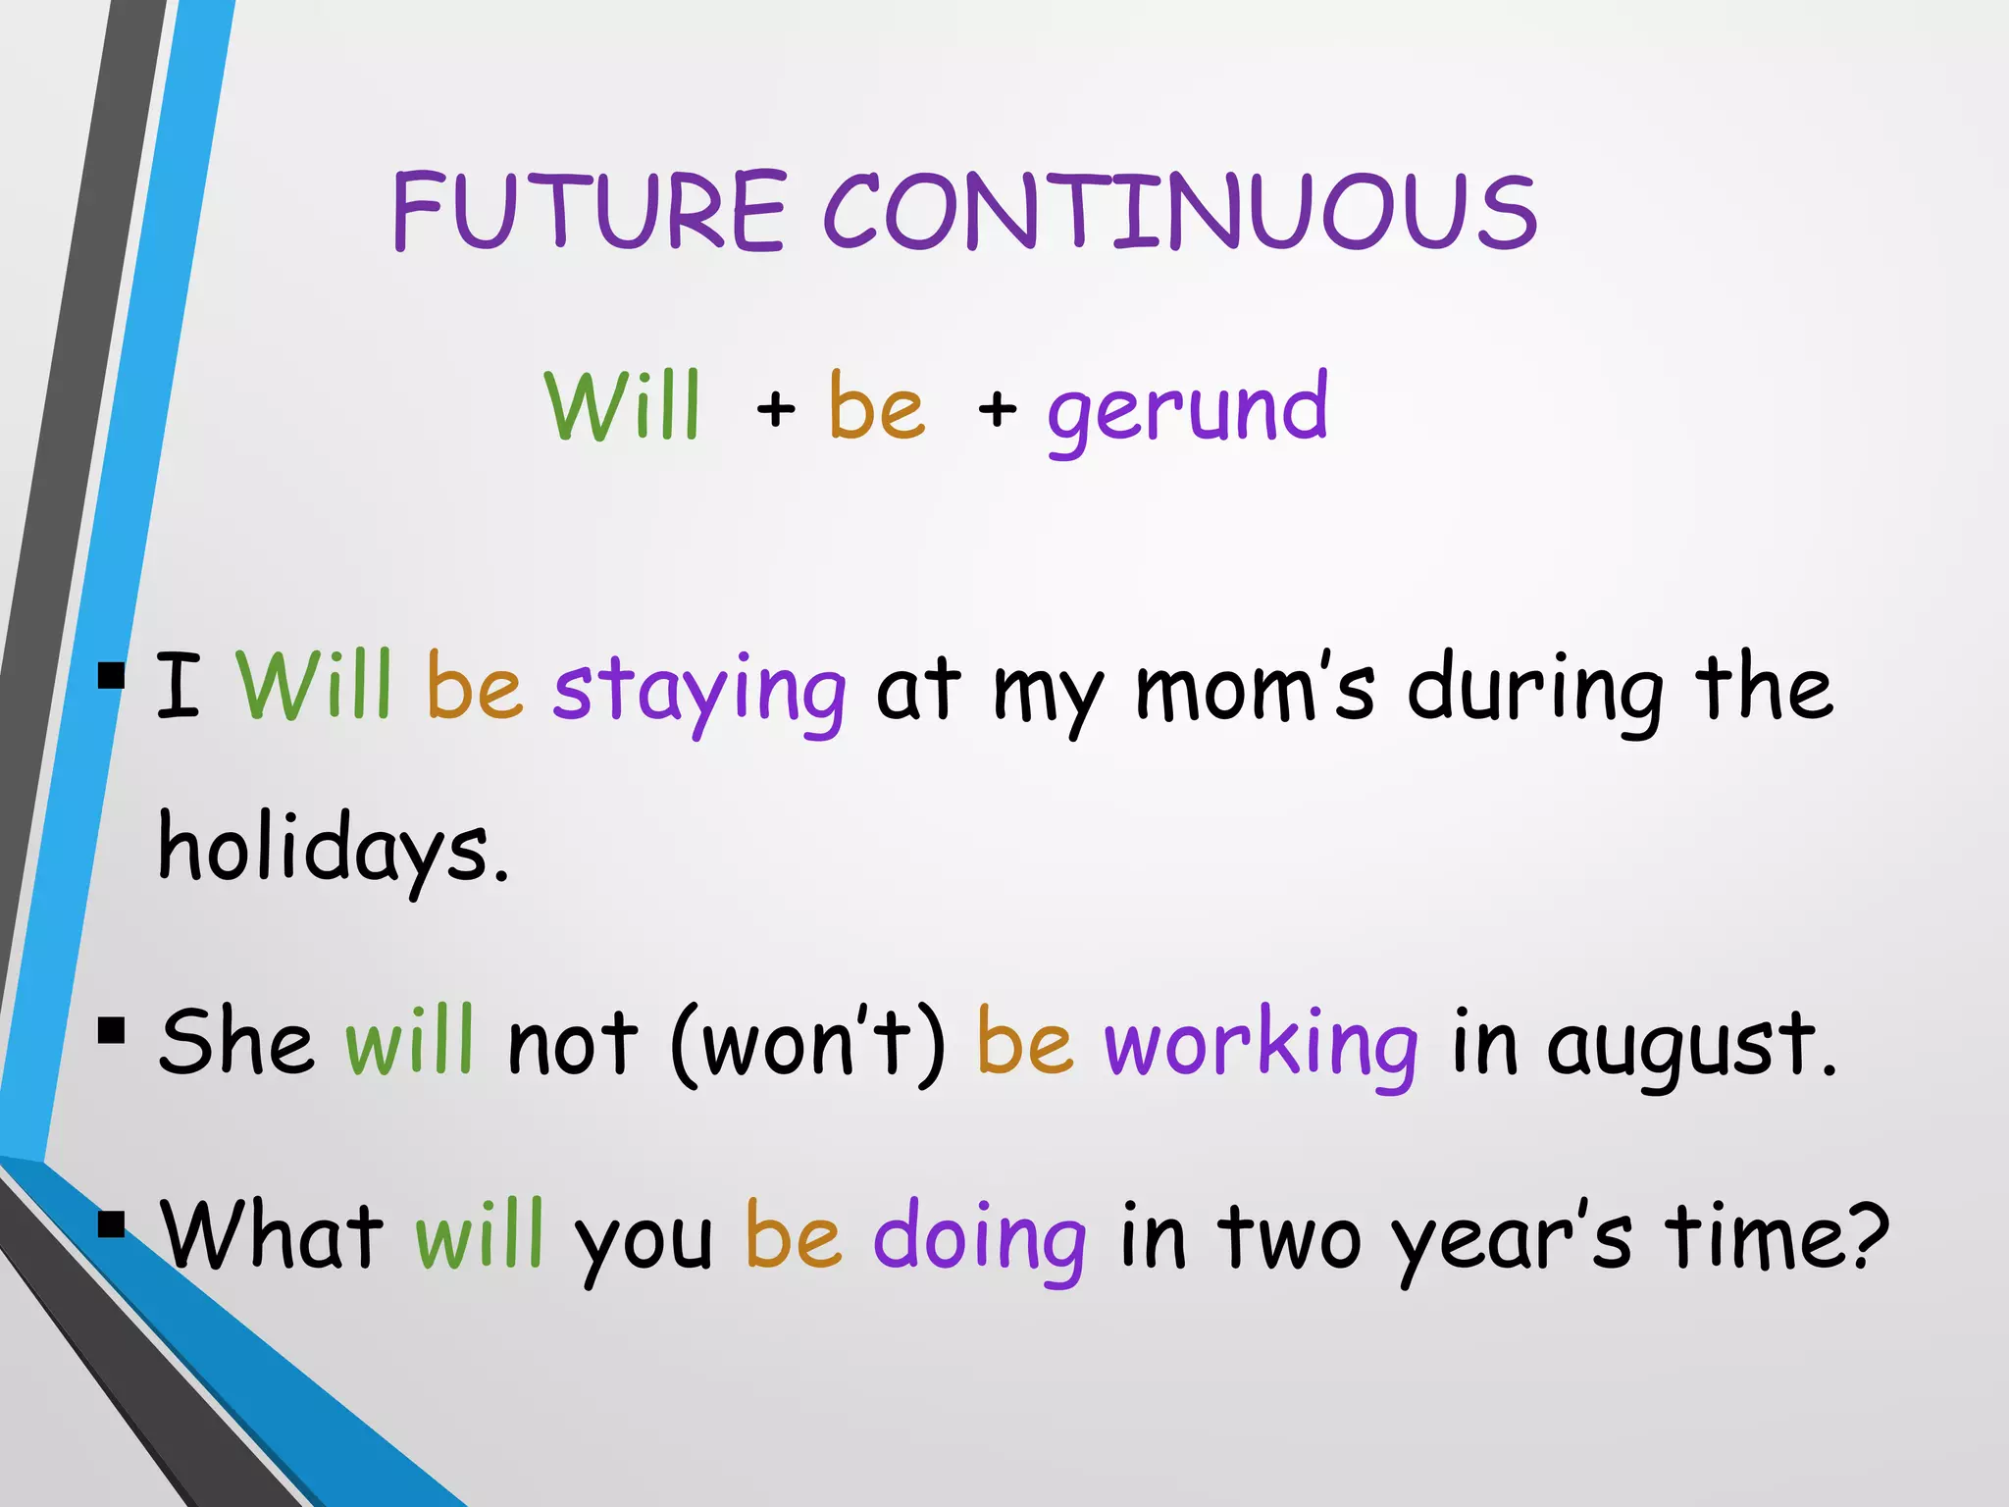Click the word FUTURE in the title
pyautogui.click(x=589, y=210)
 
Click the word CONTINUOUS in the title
pyautogui.click(x=1179, y=210)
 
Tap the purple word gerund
pyautogui.click(x=1187, y=408)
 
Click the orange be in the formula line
pyautogui.click(x=876, y=406)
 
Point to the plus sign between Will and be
pyautogui.click(x=775, y=408)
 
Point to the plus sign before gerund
pyautogui.click(x=997, y=408)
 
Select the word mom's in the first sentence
pyautogui.click(x=1254, y=687)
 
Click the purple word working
pyautogui.click(x=1261, y=1042)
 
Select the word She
pyautogui.click(x=235, y=1042)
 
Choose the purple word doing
pyautogui.click(x=979, y=1236)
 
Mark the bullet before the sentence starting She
pyautogui.click(x=112, y=1031)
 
